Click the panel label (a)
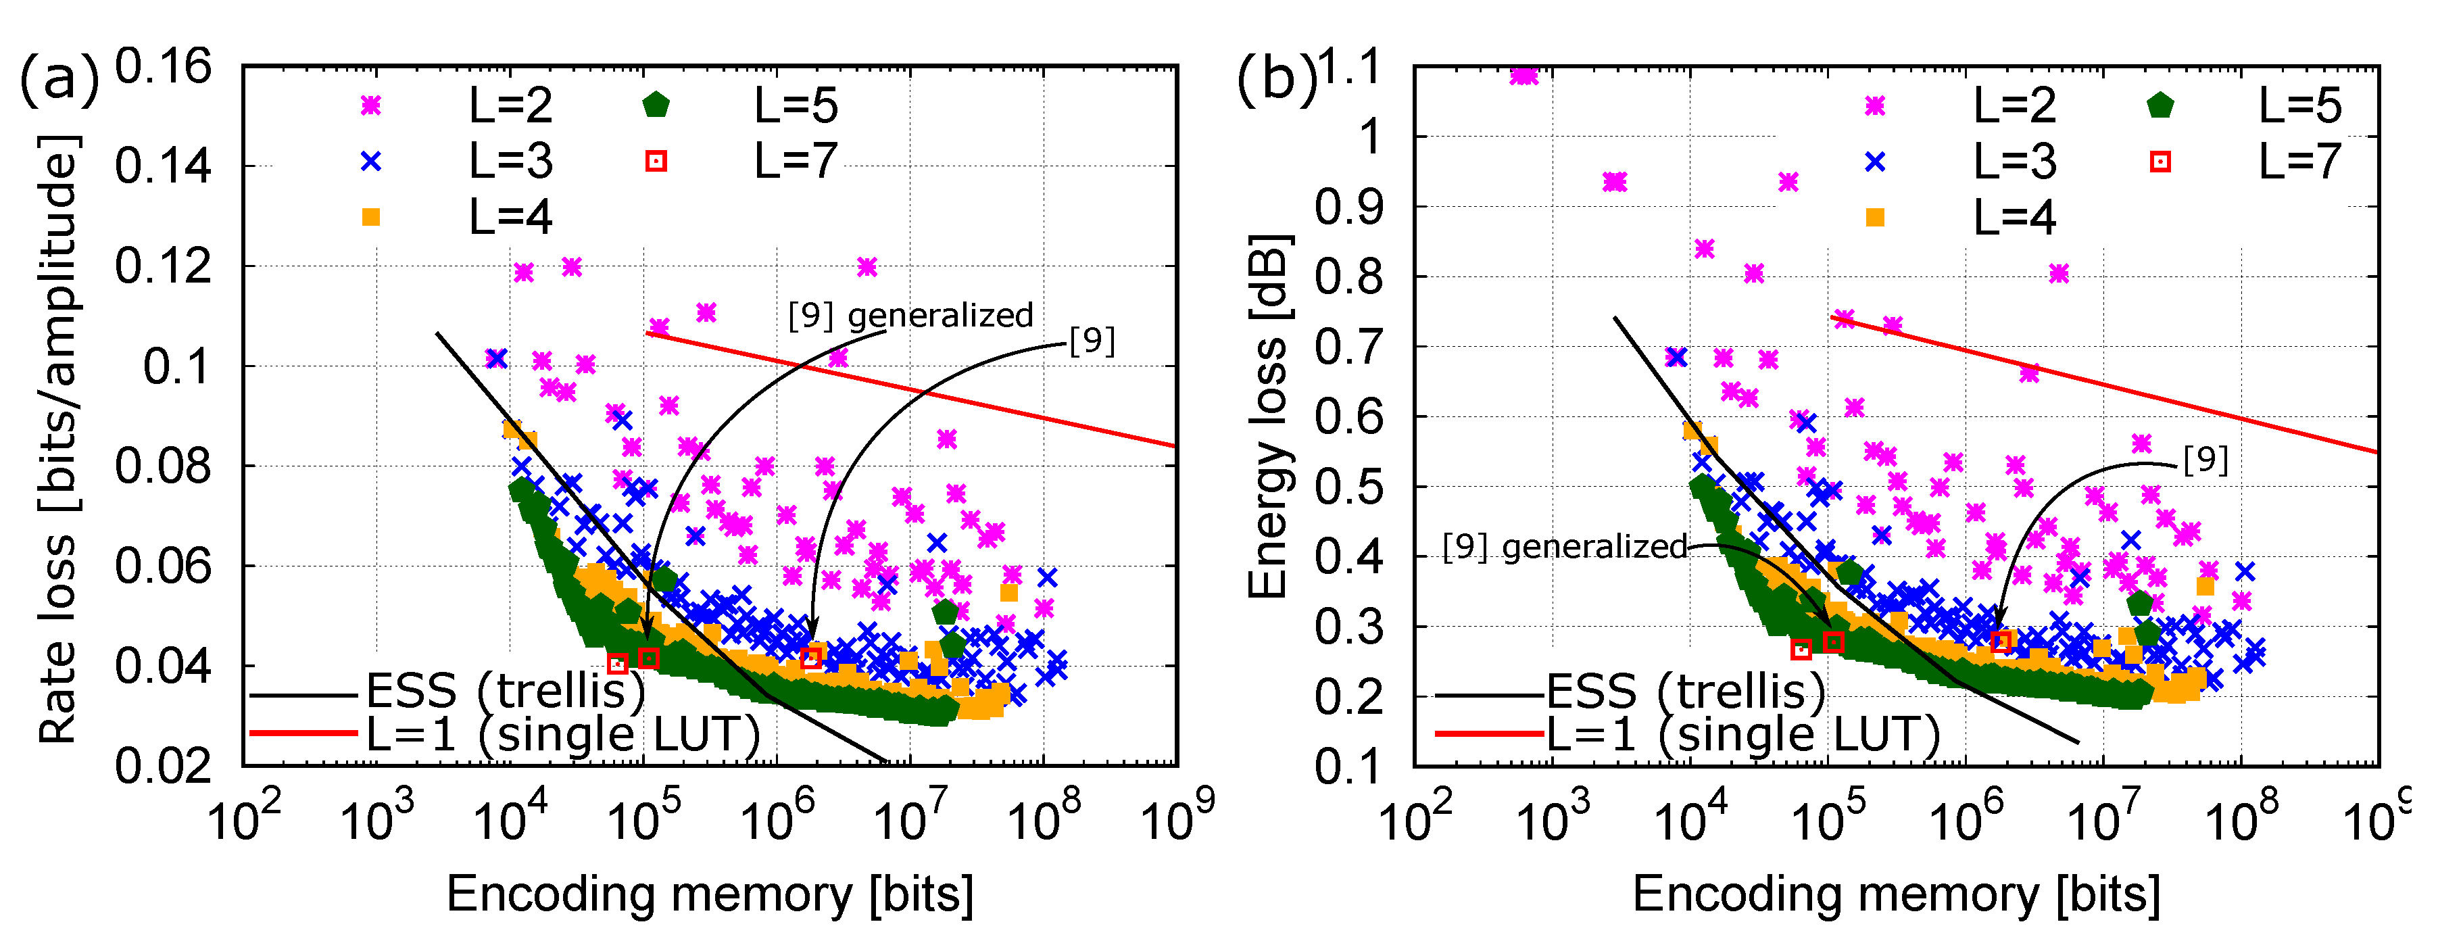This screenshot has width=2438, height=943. pyautogui.click(x=59, y=80)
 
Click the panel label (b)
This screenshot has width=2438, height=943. pyautogui.click(x=1277, y=80)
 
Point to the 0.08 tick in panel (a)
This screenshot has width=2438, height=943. pyautogui.click(x=164, y=466)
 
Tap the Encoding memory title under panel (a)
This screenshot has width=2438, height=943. pyautogui.click(x=709, y=894)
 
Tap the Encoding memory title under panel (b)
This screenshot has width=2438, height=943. pyautogui.click(x=1896, y=894)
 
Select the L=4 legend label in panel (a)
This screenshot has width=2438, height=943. pyautogui.click(x=510, y=218)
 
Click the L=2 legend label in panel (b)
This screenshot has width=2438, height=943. pyautogui.click(x=2014, y=105)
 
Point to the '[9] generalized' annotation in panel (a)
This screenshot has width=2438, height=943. pyautogui.click(x=910, y=315)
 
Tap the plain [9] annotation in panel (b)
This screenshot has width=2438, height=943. pyautogui.click(x=2205, y=460)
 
